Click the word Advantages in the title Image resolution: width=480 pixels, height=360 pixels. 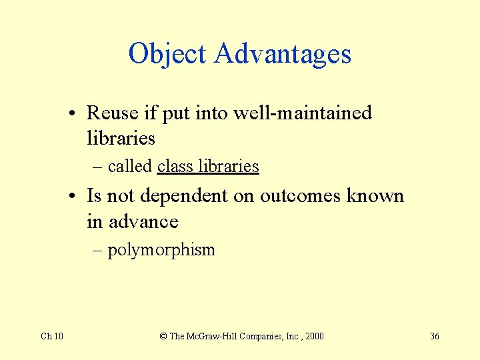click(x=283, y=54)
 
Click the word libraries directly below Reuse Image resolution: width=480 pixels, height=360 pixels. click(x=121, y=139)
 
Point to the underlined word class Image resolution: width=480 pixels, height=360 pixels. click(x=175, y=166)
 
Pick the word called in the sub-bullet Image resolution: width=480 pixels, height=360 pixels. click(x=130, y=166)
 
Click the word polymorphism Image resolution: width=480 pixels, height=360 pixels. click(x=161, y=251)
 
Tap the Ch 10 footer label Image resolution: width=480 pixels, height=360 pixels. click(x=52, y=336)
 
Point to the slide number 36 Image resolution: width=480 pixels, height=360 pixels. click(x=435, y=336)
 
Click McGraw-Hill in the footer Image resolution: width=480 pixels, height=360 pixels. click(x=213, y=336)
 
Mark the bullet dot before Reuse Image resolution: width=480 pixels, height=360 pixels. click(x=79, y=114)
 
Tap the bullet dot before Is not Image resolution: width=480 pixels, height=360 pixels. click(x=79, y=197)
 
